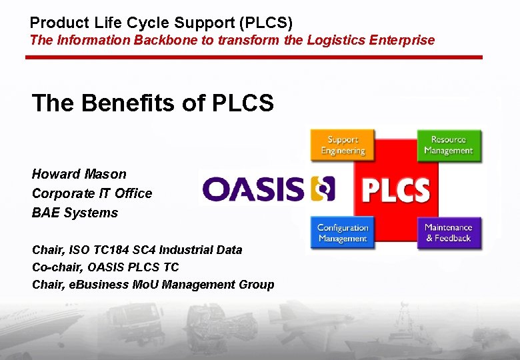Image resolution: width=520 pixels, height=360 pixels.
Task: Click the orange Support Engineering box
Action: pos(343,145)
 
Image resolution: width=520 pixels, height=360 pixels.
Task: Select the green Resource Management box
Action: pos(449,145)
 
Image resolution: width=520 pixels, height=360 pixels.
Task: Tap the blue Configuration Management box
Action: pos(343,233)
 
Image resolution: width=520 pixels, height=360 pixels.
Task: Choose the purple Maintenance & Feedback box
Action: pos(449,233)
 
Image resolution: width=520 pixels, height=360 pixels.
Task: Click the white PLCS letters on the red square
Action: pos(395,190)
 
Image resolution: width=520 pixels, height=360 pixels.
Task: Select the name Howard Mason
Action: pos(79,174)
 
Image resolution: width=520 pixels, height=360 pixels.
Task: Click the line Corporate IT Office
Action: pos(92,193)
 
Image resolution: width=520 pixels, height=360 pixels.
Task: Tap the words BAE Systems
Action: pos(75,213)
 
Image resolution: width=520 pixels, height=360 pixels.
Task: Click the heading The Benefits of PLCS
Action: pos(153,103)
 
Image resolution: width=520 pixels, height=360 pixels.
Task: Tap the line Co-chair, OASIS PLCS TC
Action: pos(105,267)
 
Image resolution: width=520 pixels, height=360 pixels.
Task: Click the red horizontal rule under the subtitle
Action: pos(253,57)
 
